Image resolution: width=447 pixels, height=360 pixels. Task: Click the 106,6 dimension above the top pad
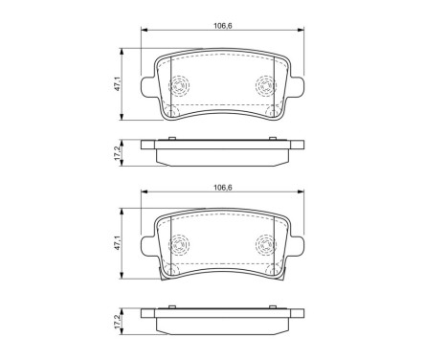coord(222,26)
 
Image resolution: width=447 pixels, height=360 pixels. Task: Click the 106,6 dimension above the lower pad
coord(222,188)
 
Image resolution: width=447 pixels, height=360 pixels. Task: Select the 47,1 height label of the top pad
coord(118,84)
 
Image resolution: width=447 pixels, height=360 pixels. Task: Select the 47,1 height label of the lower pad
coord(118,243)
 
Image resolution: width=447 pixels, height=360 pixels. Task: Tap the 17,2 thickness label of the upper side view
coord(118,153)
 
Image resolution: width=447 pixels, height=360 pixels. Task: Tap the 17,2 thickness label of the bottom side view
coord(118,322)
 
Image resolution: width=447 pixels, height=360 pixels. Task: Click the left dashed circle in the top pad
coord(178,85)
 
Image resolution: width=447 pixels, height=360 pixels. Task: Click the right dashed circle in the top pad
coord(266,85)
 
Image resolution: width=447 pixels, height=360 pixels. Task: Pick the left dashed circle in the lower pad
coord(178,244)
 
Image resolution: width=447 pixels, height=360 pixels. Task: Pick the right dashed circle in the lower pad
coord(266,244)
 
